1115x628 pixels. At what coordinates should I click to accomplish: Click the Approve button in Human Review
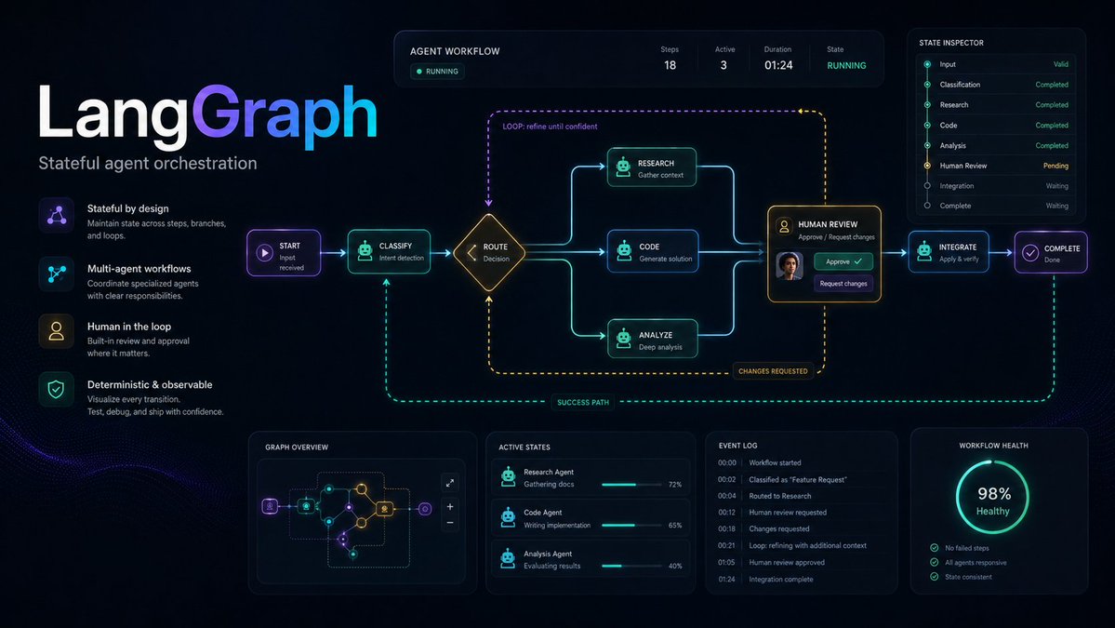tap(843, 261)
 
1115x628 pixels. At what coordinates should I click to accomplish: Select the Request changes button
tap(843, 284)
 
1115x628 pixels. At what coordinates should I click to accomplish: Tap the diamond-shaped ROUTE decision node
tap(489, 252)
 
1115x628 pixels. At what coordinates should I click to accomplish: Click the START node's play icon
tap(264, 252)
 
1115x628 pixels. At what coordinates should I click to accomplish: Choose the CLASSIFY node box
tap(389, 252)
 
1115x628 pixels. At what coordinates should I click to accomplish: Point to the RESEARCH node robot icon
tap(623, 167)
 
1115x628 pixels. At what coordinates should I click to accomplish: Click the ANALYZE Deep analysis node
tap(652, 340)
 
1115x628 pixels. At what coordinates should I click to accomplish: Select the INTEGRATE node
tap(949, 252)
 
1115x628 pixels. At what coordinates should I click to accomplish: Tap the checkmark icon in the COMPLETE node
tap(1030, 252)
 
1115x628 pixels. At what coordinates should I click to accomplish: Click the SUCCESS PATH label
tap(583, 403)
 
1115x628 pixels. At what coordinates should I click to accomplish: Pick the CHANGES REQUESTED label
tap(773, 371)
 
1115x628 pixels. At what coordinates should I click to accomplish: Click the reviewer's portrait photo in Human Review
tap(790, 266)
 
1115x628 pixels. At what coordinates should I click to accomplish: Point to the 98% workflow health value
tap(994, 494)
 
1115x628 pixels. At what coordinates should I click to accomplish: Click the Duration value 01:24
tap(778, 65)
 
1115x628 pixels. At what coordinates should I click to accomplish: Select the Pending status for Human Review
tap(1055, 166)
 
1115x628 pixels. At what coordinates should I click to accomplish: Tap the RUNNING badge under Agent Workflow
tap(437, 71)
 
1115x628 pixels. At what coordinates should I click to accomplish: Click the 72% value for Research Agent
tap(675, 485)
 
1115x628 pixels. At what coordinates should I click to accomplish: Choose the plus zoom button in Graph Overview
tap(450, 507)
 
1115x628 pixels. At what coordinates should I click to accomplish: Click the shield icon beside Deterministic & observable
tap(56, 389)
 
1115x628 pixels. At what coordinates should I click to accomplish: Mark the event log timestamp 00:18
tap(726, 529)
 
